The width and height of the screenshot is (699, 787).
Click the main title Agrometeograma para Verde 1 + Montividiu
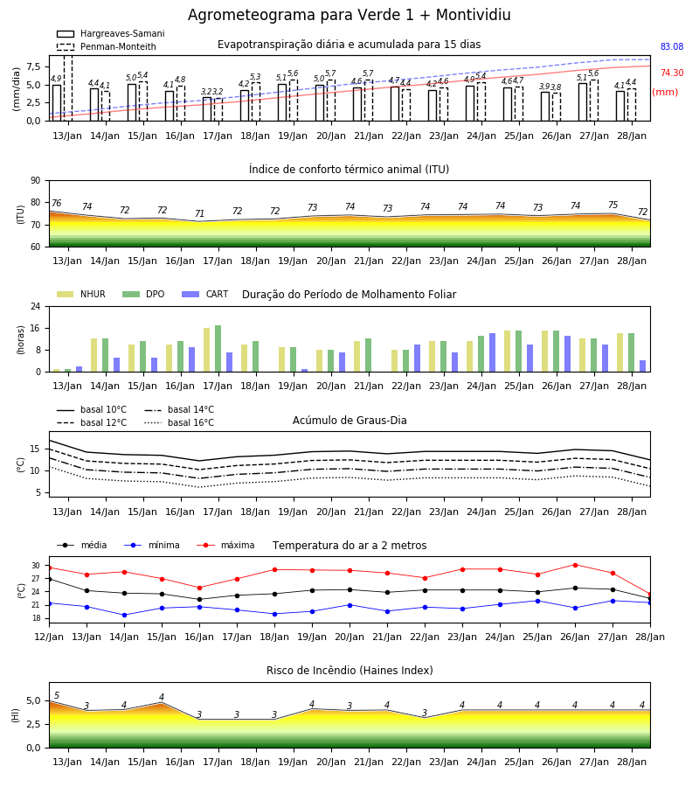click(x=349, y=15)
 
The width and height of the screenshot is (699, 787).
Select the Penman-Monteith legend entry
click(x=107, y=46)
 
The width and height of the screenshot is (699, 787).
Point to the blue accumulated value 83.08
click(x=672, y=46)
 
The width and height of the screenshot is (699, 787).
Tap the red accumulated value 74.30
click(x=672, y=73)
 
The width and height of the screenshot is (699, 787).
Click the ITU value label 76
click(x=56, y=203)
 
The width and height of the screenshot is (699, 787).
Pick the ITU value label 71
click(x=199, y=214)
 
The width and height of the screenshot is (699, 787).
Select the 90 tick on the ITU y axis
click(x=36, y=181)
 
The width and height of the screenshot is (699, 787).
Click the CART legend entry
click(x=205, y=294)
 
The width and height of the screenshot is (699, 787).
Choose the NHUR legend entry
click(x=81, y=294)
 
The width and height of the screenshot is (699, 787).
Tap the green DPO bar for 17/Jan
click(x=218, y=349)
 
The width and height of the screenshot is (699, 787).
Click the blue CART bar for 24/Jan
click(x=493, y=353)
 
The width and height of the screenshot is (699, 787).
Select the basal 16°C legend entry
click(x=179, y=422)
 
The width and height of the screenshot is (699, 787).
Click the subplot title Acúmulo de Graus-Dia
click(x=349, y=421)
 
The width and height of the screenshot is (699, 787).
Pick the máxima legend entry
click(x=225, y=545)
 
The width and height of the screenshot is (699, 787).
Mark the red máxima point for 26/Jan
click(x=575, y=565)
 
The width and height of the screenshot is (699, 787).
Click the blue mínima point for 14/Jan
click(x=124, y=615)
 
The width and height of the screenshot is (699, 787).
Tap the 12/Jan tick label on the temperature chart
click(x=49, y=637)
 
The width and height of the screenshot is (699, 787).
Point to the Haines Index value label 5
click(x=57, y=695)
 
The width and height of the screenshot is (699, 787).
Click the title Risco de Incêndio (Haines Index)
click(x=349, y=671)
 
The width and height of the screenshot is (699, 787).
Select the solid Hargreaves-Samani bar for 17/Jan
click(x=207, y=109)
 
